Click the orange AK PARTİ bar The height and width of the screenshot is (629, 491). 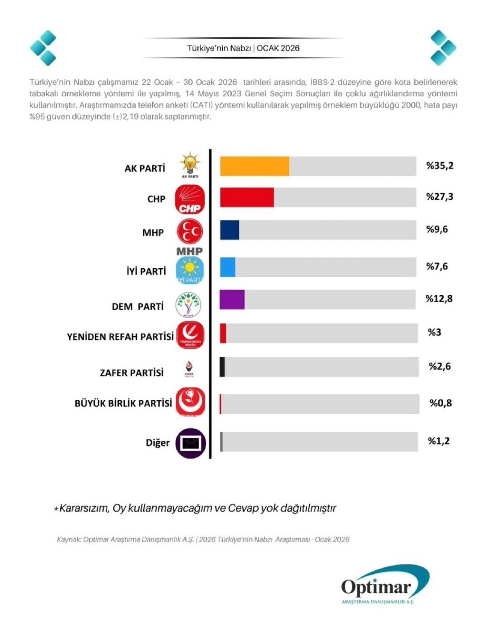pos(254,166)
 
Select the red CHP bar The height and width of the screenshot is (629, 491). pos(247,197)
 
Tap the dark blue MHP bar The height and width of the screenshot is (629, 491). pos(229,230)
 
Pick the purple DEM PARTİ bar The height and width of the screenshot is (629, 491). pos(232,299)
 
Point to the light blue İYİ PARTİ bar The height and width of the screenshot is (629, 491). pos(228,267)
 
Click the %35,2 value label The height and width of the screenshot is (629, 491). pos(440,166)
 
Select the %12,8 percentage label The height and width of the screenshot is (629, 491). pos(439,299)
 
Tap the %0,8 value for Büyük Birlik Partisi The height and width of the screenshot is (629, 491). pos(441,403)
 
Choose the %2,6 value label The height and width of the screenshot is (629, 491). pos(440,367)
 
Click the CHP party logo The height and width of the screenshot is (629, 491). pos(190,199)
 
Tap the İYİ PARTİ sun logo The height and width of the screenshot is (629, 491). pos(190,269)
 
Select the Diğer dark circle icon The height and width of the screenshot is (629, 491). pos(191,443)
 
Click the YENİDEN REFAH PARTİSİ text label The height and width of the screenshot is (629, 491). pos(120,337)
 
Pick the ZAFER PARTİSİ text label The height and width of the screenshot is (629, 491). pos(132,373)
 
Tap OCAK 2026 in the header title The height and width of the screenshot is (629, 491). pos(278,48)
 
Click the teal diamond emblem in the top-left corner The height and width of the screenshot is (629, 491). pos(43,48)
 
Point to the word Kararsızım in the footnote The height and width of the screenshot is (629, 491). pos(84,508)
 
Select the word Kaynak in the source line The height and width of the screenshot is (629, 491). pos(68,539)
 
